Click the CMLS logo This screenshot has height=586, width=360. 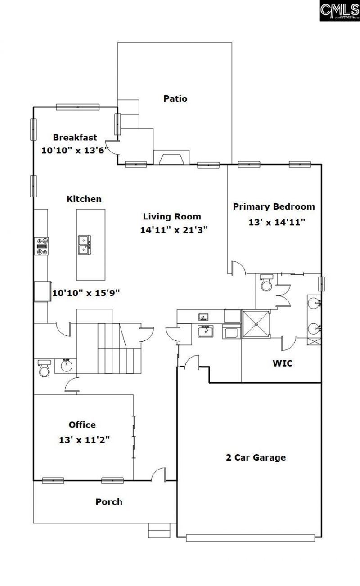(x=339, y=10)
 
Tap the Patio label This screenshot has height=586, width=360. (x=175, y=98)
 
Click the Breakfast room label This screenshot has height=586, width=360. (x=75, y=138)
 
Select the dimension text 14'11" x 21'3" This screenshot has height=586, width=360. (x=174, y=230)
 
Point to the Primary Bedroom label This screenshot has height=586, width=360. (x=274, y=207)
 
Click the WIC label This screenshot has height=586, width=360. (x=283, y=363)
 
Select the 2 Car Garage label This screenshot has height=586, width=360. (x=256, y=458)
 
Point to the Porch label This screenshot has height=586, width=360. (x=109, y=502)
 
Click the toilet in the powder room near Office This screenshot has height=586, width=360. (x=44, y=368)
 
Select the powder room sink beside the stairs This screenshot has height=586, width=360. (x=66, y=365)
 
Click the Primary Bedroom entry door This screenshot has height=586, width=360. (x=237, y=269)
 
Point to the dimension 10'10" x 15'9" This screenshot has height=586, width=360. (x=85, y=293)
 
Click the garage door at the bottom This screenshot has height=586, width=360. (x=250, y=537)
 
